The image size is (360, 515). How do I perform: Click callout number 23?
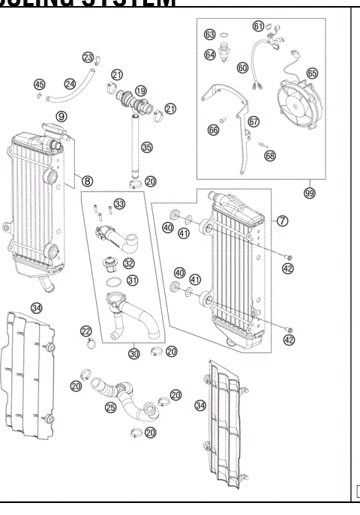[x=88, y=58]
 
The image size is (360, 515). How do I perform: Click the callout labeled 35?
[x=147, y=148]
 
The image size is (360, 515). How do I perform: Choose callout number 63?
[x=210, y=34]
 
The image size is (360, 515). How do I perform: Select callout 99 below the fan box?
[x=308, y=193]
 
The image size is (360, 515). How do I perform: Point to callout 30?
[x=134, y=353]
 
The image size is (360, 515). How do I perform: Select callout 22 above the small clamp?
[x=87, y=331]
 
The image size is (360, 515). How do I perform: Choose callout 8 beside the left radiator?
[x=87, y=181]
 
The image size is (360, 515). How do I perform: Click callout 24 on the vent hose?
[x=70, y=84]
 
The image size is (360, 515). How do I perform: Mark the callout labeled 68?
[x=270, y=155]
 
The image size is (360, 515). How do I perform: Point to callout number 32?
[x=129, y=263]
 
